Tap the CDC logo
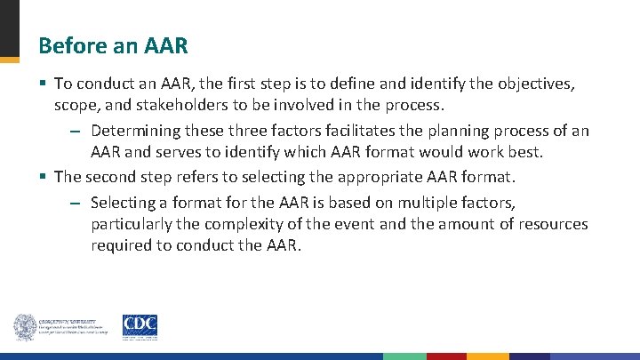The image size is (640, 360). [140, 326]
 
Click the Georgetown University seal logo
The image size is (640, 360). [26, 327]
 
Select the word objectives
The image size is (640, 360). [534, 84]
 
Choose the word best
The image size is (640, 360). [524, 152]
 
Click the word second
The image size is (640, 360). [110, 177]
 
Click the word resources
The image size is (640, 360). [551, 224]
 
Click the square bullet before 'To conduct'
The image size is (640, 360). [43, 84]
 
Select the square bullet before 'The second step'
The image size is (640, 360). [43, 177]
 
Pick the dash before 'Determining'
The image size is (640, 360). [76, 132]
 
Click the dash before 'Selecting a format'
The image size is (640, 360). [76, 204]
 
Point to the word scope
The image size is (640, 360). [74, 105]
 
